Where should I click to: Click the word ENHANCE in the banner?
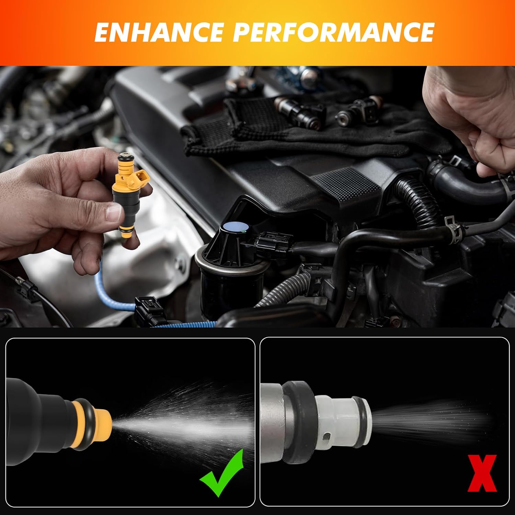pyautogui.click(x=160, y=32)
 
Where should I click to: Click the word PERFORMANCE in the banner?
pyautogui.click(x=334, y=32)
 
